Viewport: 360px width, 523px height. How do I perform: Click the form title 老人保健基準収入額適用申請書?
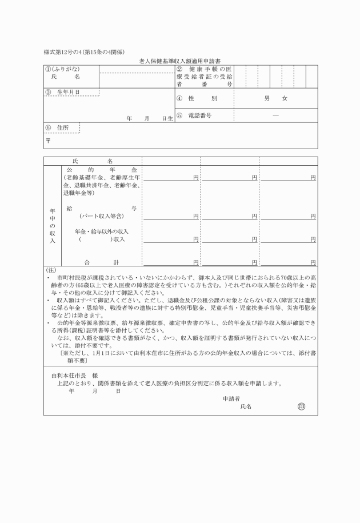[x=180, y=60]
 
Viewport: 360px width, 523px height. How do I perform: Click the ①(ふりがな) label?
[x=59, y=69]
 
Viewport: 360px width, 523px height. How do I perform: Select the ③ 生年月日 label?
[x=62, y=92]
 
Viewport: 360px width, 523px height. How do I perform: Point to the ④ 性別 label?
[x=198, y=99]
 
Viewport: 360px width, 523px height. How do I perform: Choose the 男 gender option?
[x=267, y=99]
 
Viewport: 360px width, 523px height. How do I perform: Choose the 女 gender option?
[x=285, y=99]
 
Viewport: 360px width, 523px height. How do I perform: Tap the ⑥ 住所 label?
[x=57, y=127]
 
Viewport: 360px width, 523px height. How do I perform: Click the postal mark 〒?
[x=49, y=140]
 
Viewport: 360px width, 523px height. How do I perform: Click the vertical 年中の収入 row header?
[x=52, y=225]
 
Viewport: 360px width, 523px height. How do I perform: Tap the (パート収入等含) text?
[x=102, y=217]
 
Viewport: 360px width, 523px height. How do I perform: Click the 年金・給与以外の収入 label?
[x=102, y=231]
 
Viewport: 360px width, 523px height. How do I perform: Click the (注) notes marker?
[x=50, y=270]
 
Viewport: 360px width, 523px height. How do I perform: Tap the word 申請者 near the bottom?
[x=231, y=398]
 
